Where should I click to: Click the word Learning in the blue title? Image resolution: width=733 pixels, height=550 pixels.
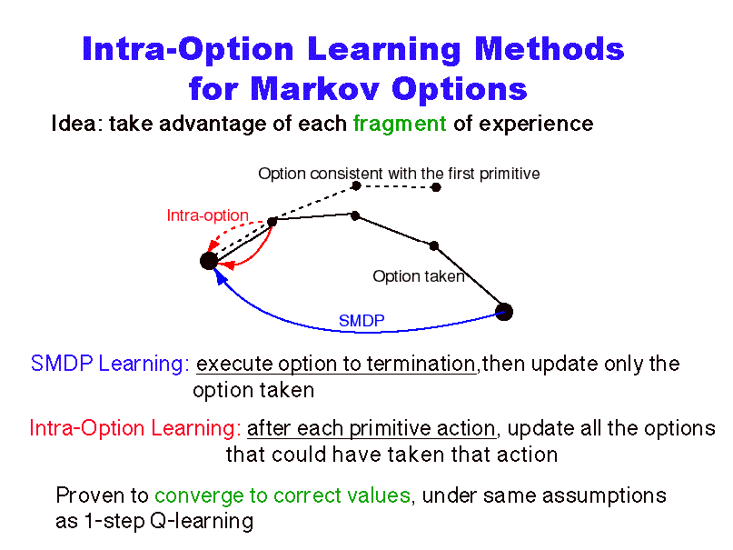point(384,50)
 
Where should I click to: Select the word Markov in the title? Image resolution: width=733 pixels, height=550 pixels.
point(314,88)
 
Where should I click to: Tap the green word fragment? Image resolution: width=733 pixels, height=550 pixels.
point(400,125)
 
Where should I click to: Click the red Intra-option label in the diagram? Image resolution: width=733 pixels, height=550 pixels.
point(208,215)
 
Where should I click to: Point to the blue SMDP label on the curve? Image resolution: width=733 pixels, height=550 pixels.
point(362,321)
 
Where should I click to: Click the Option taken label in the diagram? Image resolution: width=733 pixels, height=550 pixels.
point(419,276)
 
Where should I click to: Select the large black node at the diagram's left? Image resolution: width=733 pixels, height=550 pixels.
point(209,261)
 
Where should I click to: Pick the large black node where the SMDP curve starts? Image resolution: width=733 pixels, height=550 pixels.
point(504,312)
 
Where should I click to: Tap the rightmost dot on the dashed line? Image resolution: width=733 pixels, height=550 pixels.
point(436,187)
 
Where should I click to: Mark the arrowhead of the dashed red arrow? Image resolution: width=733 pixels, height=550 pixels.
point(213,245)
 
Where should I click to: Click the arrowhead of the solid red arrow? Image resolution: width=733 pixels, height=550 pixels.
point(226,265)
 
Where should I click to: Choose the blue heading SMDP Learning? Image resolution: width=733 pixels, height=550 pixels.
point(110,364)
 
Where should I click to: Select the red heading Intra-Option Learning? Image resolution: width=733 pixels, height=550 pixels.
point(135,428)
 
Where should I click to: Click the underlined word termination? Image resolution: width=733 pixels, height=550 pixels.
point(421,364)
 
